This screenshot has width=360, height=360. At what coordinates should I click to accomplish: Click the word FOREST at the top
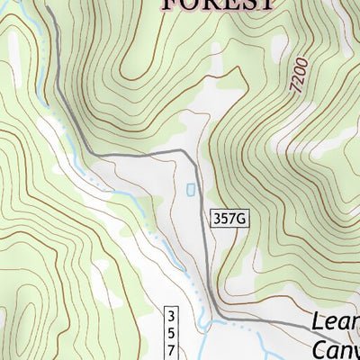(217, 4)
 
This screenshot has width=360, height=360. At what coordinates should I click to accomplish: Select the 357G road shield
(229, 218)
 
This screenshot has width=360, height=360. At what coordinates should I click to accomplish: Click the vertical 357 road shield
(172, 332)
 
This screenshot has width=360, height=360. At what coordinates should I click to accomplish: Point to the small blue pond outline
(190, 190)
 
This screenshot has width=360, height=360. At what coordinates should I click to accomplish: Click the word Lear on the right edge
(336, 322)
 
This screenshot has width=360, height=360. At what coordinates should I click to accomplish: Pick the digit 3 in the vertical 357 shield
(172, 316)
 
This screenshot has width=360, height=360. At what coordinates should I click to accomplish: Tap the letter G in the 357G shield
(240, 218)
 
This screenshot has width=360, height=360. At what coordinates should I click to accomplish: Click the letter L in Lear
(319, 322)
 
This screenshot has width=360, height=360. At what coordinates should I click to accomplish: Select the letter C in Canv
(320, 348)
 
